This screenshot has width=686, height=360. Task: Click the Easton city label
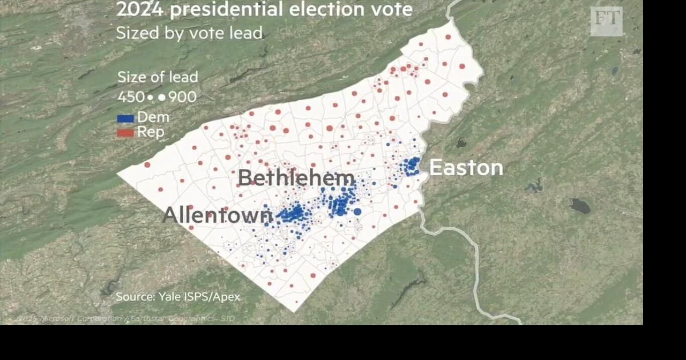click(466, 168)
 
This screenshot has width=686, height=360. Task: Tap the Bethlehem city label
click(296, 178)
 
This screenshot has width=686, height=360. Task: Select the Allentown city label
click(217, 215)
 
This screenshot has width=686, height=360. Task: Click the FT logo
click(607, 21)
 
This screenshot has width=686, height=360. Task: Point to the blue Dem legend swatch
click(125, 118)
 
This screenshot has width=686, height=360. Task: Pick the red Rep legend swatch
click(125, 132)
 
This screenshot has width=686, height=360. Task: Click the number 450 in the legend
click(131, 97)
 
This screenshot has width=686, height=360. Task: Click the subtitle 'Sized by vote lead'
click(189, 33)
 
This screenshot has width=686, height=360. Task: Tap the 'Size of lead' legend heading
click(158, 77)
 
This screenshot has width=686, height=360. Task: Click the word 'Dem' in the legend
click(153, 117)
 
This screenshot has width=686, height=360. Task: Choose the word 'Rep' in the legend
click(151, 132)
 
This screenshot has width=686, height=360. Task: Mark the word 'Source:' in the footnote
click(135, 296)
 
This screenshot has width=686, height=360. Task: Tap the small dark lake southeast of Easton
click(580, 206)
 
